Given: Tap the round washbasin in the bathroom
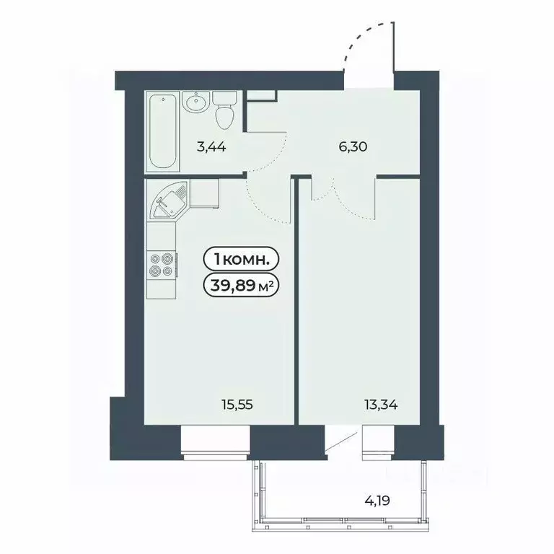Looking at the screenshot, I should click(195, 104).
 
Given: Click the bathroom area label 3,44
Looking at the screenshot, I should click(212, 149).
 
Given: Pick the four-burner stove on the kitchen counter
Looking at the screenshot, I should click(160, 264).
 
